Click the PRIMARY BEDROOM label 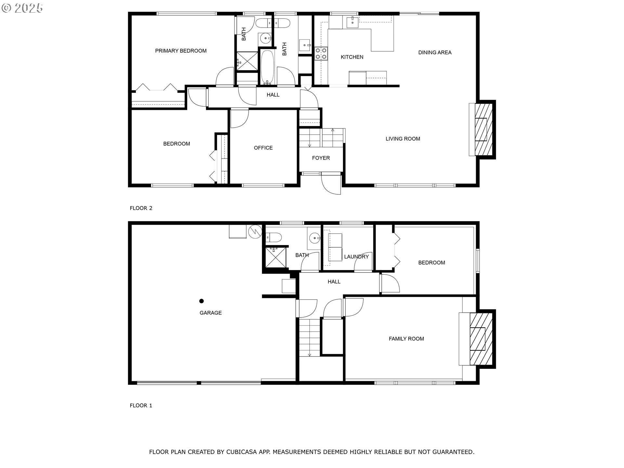(181, 51)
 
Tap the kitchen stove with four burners (321, 54)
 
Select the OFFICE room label (263, 148)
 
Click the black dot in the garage (201, 301)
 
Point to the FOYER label (321, 158)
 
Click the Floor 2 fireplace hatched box (483, 130)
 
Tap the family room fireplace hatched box (480, 339)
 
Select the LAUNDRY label (356, 257)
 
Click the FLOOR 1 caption (141, 405)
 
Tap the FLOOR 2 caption (141, 208)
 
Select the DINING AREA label (435, 53)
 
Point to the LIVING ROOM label (403, 139)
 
